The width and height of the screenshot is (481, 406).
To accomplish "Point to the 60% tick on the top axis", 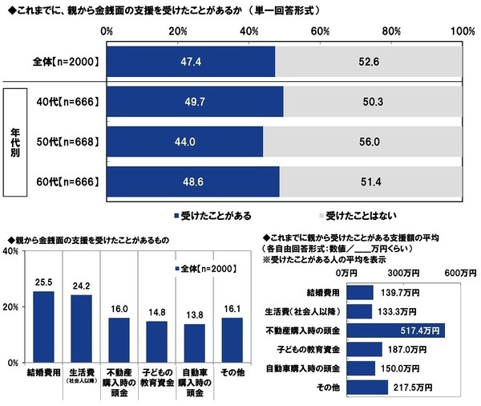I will tap(321, 30).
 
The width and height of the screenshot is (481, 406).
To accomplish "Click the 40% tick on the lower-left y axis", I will tap(11, 251).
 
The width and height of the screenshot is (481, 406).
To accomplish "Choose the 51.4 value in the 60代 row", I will tap(371, 182).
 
